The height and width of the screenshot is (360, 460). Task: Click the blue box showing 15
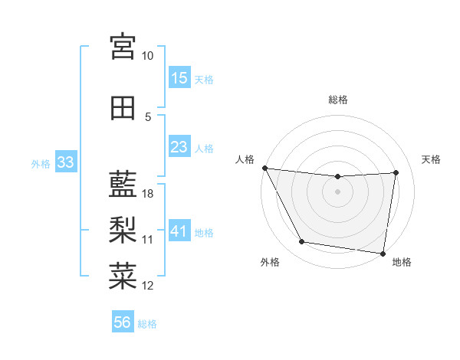tap(179, 77)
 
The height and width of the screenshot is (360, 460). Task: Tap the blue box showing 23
tap(179, 146)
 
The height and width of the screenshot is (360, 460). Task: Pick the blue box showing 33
tap(65, 162)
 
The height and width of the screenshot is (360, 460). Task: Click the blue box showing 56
tap(123, 322)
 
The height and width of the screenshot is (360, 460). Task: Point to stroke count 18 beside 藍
tap(149, 194)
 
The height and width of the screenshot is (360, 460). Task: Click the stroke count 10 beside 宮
tap(148, 57)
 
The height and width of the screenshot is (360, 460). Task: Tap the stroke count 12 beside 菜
tap(148, 286)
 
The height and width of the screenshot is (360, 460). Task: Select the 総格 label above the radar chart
tap(337, 100)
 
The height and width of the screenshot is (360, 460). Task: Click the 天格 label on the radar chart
tap(431, 159)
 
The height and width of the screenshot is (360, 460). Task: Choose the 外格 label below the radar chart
tap(270, 262)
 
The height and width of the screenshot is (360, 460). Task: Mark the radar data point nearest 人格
tap(264, 168)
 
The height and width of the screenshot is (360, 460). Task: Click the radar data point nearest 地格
tap(383, 253)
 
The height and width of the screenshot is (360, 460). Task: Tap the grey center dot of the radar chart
tap(337, 191)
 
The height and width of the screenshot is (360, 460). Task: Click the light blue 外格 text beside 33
tap(41, 163)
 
